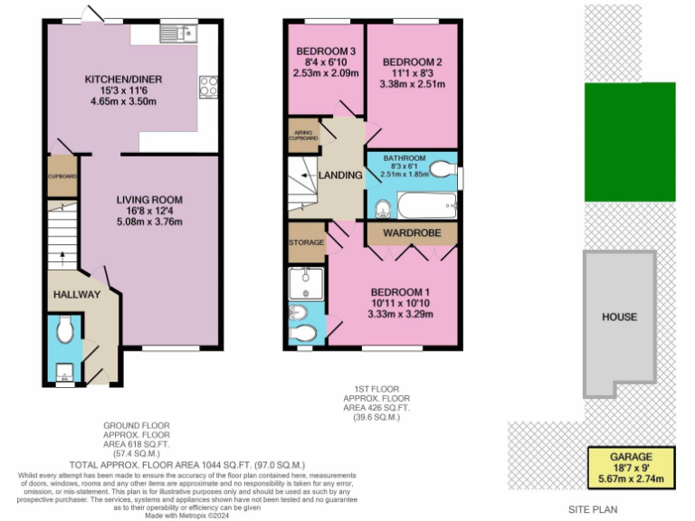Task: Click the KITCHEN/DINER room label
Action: pyautogui.click(x=124, y=80)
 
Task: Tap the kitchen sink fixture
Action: pyautogui.click(x=178, y=33)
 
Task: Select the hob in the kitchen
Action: pyautogui.click(x=208, y=86)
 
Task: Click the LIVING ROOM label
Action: pyautogui.click(x=149, y=200)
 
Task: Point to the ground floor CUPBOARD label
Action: pyautogui.click(x=62, y=176)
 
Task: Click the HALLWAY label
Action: pyautogui.click(x=70, y=296)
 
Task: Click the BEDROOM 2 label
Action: pyautogui.click(x=412, y=50)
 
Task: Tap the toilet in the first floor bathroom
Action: pyautogui.click(x=441, y=169)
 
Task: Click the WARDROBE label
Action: pyautogui.click(x=413, y=232)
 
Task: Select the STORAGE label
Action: pyautogui.click(x=306, y=243)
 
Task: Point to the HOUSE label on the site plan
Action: pyautogui.click(x=620, y=317)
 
